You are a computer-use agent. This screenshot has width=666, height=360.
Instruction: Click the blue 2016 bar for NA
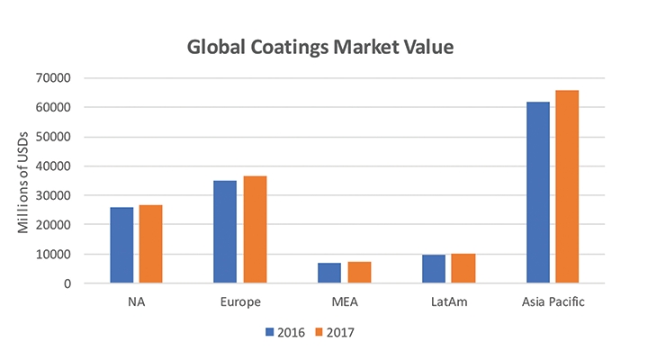coord(121,245)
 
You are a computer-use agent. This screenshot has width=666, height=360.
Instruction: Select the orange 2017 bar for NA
coord(150,244)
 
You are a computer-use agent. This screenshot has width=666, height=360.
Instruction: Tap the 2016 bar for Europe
coord(225,232)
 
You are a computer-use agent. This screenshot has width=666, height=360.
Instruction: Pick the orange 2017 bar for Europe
coord(255,229)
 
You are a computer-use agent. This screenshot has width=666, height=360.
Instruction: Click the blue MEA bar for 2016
coord(329,273)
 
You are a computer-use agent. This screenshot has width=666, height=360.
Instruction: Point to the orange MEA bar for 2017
coord(359,272)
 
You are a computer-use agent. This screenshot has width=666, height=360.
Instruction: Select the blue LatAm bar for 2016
coord(434,269)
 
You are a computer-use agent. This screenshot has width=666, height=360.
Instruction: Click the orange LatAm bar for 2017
coord(463,268)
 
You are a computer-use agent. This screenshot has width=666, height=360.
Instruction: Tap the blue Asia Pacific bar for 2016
coord(537,193)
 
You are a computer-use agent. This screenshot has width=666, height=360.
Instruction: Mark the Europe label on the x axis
coord(239,301)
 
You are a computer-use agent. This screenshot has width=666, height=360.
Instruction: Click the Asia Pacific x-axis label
coord(553,301)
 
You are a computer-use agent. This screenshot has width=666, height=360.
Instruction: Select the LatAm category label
coord(448,301)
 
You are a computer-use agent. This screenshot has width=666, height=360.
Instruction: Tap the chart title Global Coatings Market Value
coord(333,45)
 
